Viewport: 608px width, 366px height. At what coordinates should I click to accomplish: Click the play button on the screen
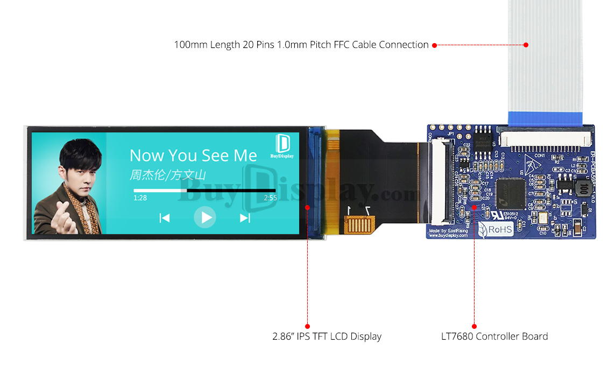[x=205, y=217]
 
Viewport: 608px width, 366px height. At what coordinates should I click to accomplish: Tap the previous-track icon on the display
[x=165, y=217]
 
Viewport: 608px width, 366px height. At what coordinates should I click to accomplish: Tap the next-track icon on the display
[x=245, y=217]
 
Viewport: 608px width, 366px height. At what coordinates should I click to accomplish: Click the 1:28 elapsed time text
[x=140, y=198]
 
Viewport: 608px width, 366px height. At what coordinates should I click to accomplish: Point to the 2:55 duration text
[x=271, y=198]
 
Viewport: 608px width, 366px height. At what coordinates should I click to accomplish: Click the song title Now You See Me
[x=193, y=156]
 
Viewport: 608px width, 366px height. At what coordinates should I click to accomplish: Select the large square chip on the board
[x=511, y=193]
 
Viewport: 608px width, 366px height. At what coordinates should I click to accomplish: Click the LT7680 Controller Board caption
[x=494, y=336]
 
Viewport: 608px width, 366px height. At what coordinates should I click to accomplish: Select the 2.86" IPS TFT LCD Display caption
[x=327, y=336]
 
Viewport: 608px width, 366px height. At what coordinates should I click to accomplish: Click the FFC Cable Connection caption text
[x=301, y=45]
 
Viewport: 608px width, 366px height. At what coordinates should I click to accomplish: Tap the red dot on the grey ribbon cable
[x=526, y=45]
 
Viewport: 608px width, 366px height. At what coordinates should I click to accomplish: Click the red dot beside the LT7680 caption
[x=474, y=326]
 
